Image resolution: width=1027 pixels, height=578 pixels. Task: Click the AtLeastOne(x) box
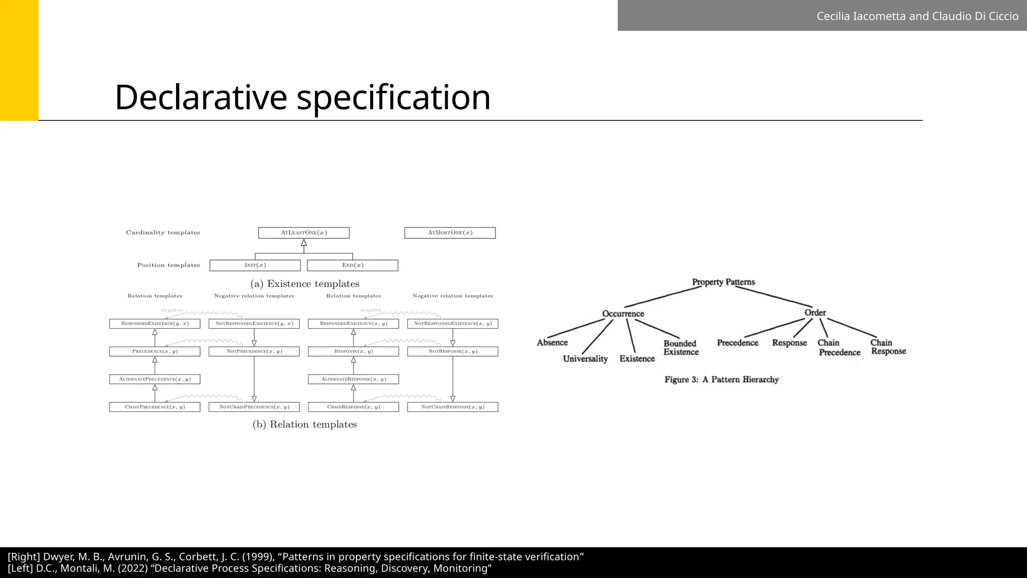coord(304,233)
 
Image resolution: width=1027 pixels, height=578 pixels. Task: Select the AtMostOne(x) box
coord(450,233)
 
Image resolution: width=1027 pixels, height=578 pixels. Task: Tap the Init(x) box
coord(255,265)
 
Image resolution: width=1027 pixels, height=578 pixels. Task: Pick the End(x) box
coord(353,265)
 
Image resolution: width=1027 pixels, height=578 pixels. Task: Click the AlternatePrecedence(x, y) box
coord(154,379)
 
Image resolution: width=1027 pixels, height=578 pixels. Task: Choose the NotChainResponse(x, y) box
coord(453,407)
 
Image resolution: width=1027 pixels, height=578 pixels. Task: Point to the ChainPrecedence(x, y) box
coord(154,407)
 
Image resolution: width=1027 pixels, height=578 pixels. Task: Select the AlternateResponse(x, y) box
coord(354,379)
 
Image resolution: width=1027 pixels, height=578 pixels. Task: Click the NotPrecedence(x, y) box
coord(254,352)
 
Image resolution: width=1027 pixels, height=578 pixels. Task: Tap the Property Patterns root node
coord(723,282)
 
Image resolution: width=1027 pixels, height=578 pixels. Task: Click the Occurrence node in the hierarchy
coord(623,314)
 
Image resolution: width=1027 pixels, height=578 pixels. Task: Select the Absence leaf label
coord(552,343)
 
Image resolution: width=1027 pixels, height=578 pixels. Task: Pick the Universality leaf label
coord(585,359)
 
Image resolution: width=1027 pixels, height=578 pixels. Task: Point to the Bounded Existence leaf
coord(680,348)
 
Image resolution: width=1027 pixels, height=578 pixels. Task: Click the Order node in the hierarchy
coord(815,313)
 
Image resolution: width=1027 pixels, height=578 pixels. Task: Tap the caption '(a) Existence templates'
coord(305,284)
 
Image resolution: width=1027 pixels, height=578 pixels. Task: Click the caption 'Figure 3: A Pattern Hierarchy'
coord(722,380)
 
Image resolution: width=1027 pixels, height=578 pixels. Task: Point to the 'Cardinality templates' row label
coord(163,233)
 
